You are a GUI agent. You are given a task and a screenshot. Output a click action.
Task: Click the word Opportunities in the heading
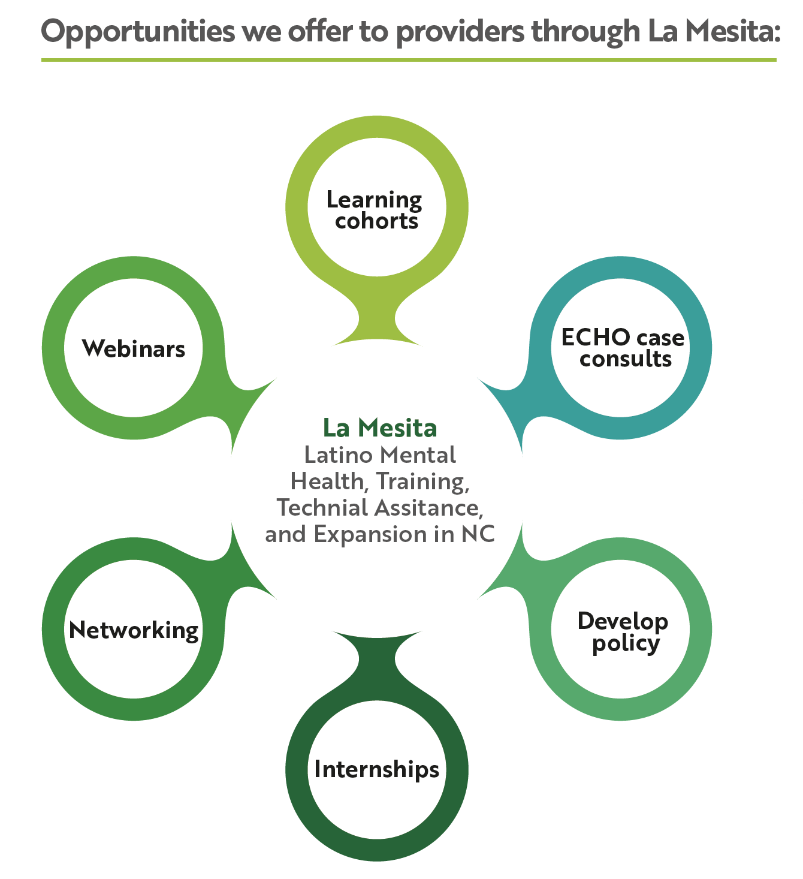click(138, 32)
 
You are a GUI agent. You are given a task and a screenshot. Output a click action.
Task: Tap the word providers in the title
click(460, 32)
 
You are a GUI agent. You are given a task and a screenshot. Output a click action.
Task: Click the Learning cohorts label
click(375, 210)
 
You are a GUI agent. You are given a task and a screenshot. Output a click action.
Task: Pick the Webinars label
click(134, 349)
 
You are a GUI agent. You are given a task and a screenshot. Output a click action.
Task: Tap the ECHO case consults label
click(623, 348)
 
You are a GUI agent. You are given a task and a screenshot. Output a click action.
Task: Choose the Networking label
click(134, 631)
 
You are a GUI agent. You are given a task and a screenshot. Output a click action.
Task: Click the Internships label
click(377, 769)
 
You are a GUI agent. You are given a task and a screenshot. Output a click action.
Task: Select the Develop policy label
click(623, 633)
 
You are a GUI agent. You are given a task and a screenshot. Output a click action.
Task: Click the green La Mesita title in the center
click(380, 428)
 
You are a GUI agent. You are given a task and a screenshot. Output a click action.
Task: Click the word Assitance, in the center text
click(429, 508)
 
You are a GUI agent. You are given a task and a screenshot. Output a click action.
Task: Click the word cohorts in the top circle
click(377, 221)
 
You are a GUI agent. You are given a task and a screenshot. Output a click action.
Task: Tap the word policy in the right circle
click(626, 645)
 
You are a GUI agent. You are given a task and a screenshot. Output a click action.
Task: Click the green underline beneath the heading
click(409, 59)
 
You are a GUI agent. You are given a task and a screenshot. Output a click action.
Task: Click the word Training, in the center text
click(422, 482)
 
